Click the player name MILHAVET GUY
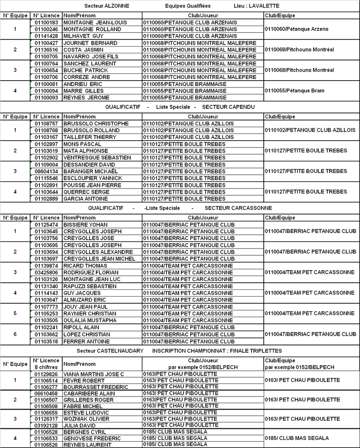point(83,36)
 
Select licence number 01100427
point(47,43)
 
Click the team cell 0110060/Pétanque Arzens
point(296,29)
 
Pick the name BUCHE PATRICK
point(86,70)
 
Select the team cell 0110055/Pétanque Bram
point(295,90)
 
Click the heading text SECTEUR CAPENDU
point(228,108)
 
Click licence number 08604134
point(47,171)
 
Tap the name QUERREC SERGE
point(86,192)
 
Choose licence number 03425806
point(47,272)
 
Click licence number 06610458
point(47,393)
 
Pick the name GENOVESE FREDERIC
point(92,438)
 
